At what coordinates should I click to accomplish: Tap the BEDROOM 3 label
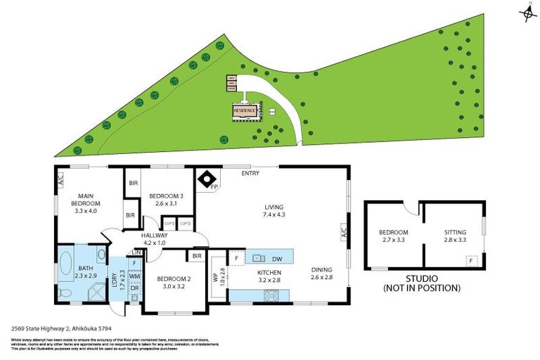coord(167,199)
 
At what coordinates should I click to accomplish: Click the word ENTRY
coord(250,173)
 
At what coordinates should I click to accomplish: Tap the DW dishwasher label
coord(278,258)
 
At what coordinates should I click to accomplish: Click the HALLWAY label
coord(154,239)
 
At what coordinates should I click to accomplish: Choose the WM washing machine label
coord(134,278)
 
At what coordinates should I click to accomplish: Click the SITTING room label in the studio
coord(455,236)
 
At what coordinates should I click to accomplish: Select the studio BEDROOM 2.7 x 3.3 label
coord(394,236)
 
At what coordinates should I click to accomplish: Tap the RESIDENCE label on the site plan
coord(245,110)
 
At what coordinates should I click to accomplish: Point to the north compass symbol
coord(527,14)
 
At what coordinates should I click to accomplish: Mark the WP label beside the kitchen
coord(217,276)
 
